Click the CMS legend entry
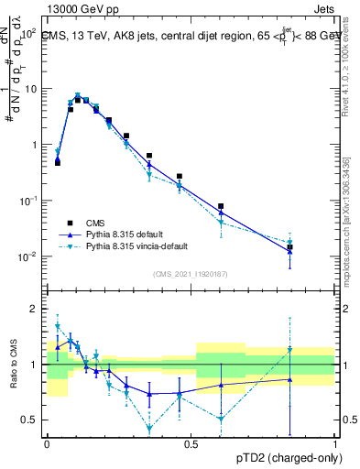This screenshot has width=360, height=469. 94,221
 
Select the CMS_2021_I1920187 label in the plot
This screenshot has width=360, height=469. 190,273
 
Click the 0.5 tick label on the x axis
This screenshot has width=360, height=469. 191,444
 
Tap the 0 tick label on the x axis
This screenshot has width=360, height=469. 47,444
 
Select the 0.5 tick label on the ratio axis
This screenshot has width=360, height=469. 29,420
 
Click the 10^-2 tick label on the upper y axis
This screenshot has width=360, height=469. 27,256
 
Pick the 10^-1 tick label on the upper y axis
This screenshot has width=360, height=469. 27,201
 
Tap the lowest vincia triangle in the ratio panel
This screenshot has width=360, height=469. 149,428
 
